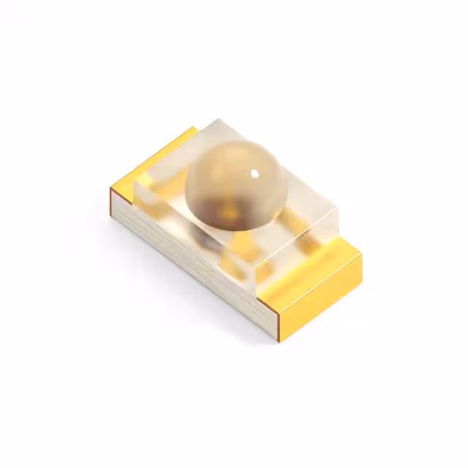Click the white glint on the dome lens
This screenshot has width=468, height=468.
tap(254, 173)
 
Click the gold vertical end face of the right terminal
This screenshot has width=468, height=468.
tap(322, 292)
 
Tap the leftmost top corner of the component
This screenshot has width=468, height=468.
tap(110, 189)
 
